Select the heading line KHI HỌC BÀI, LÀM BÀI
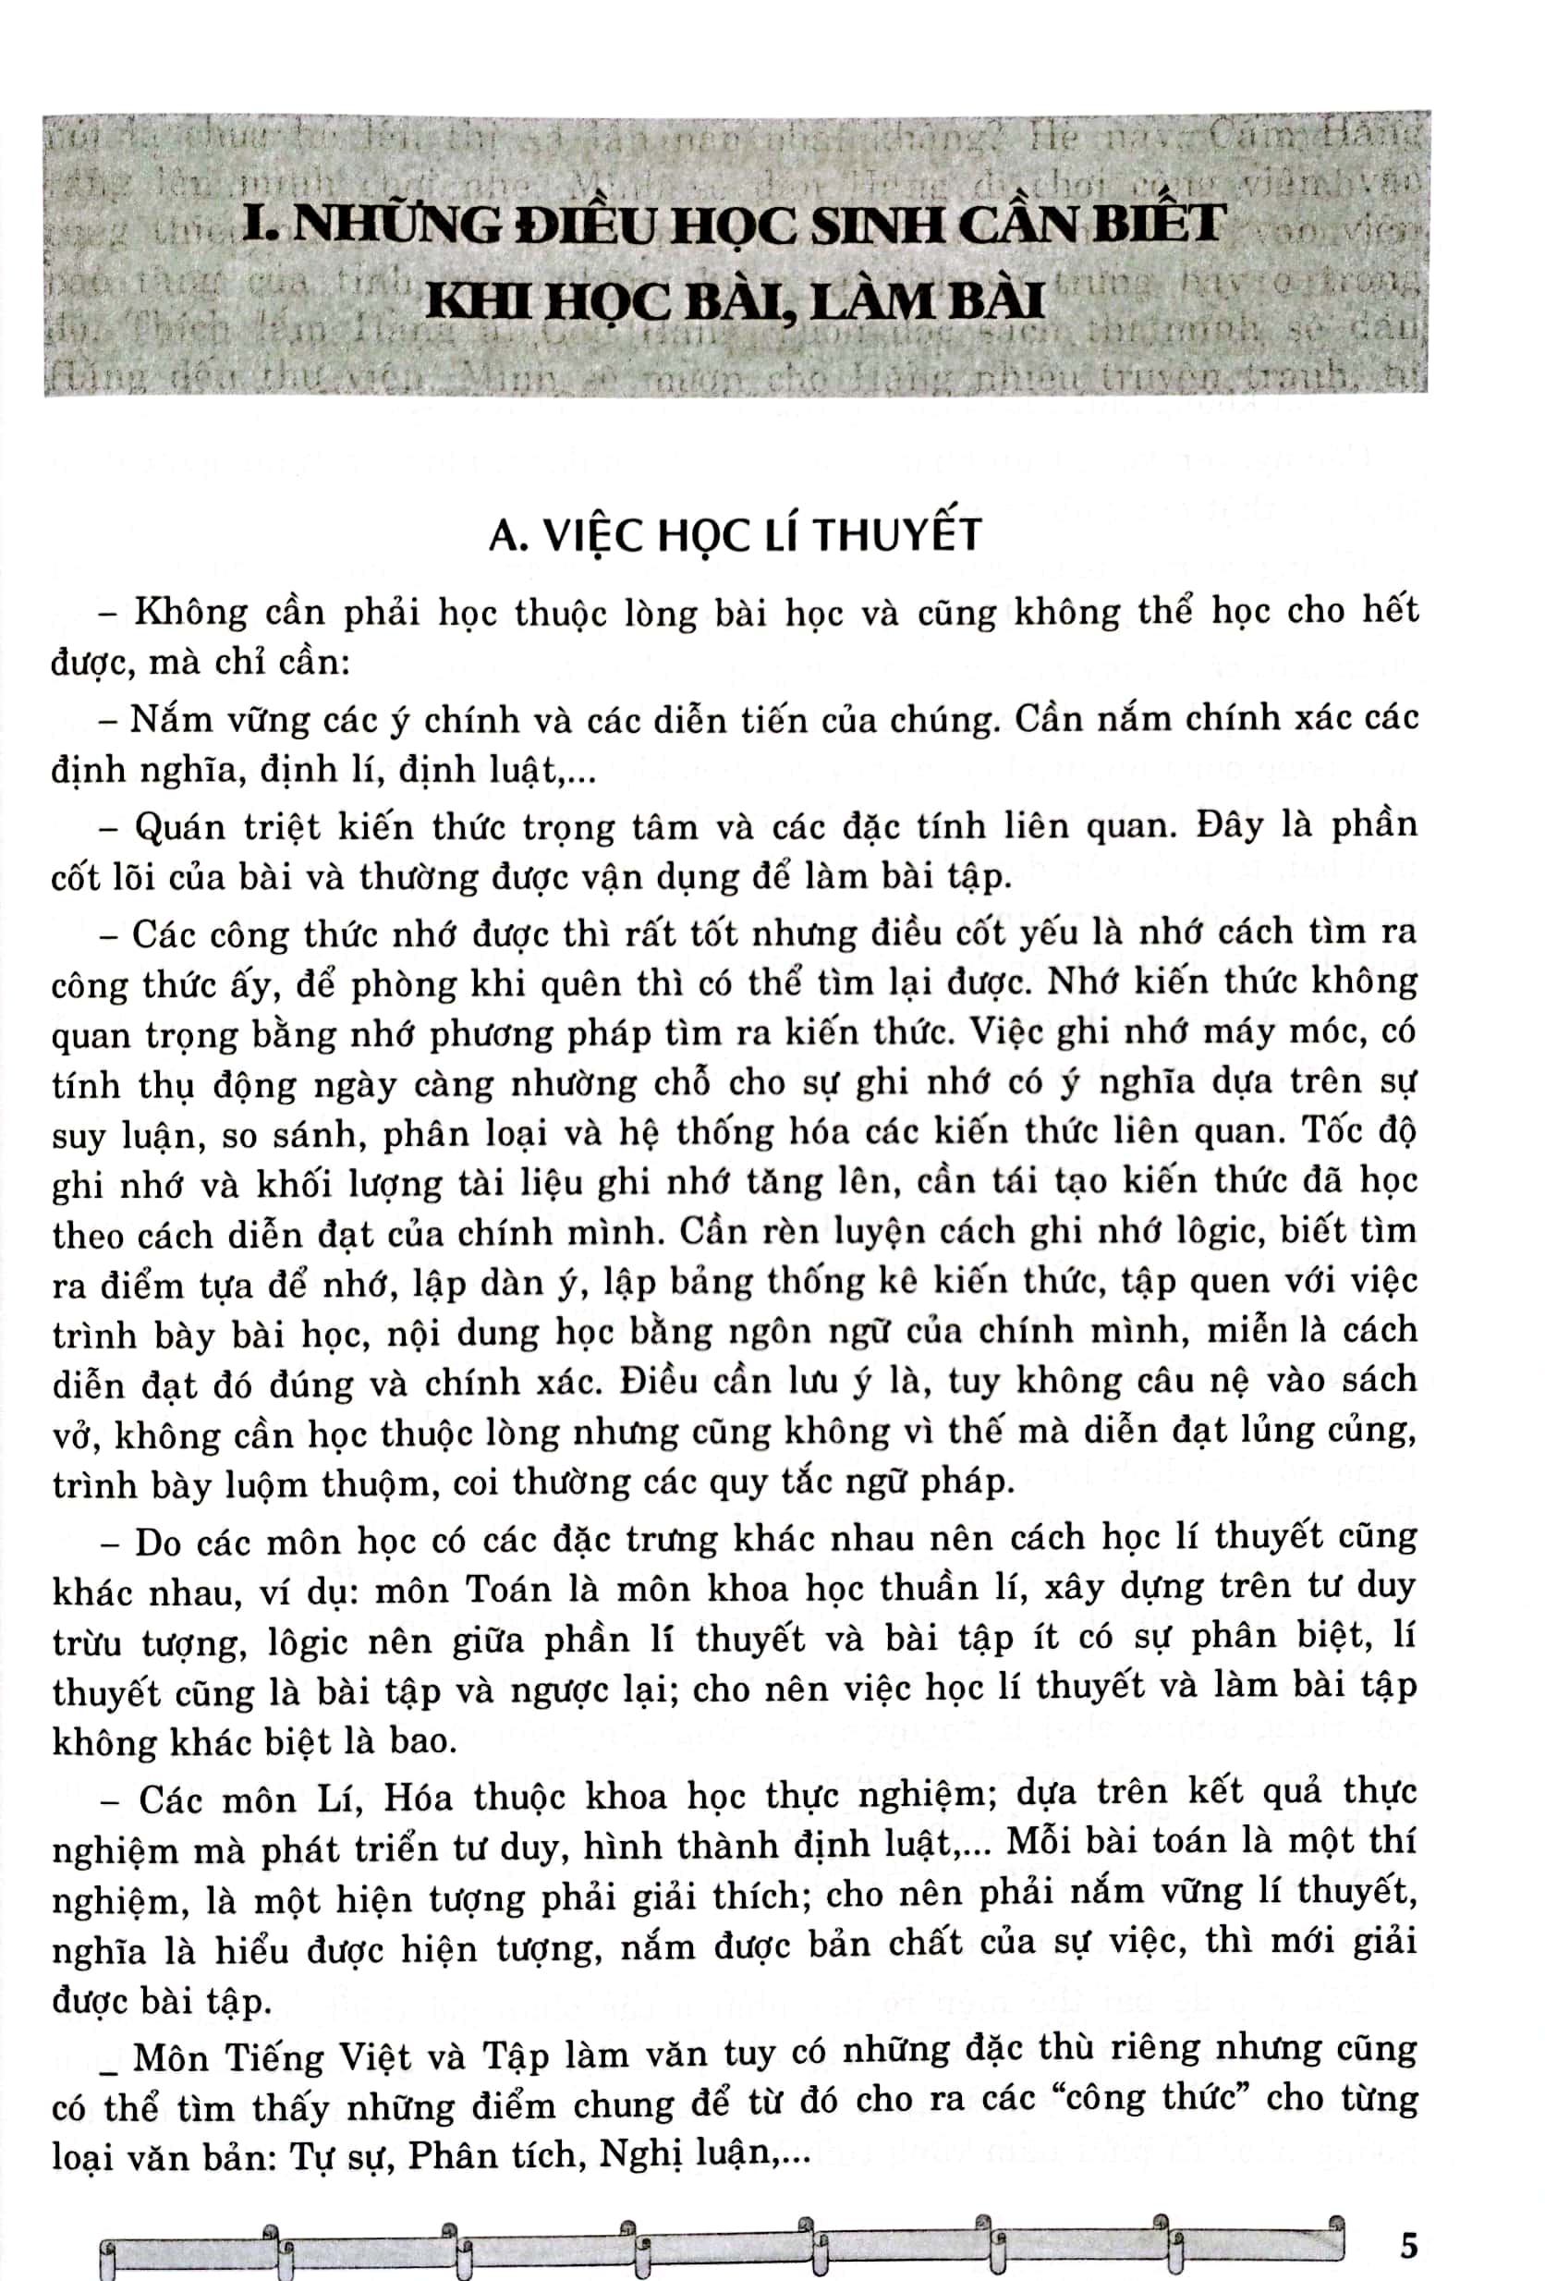tap(735, 301)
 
